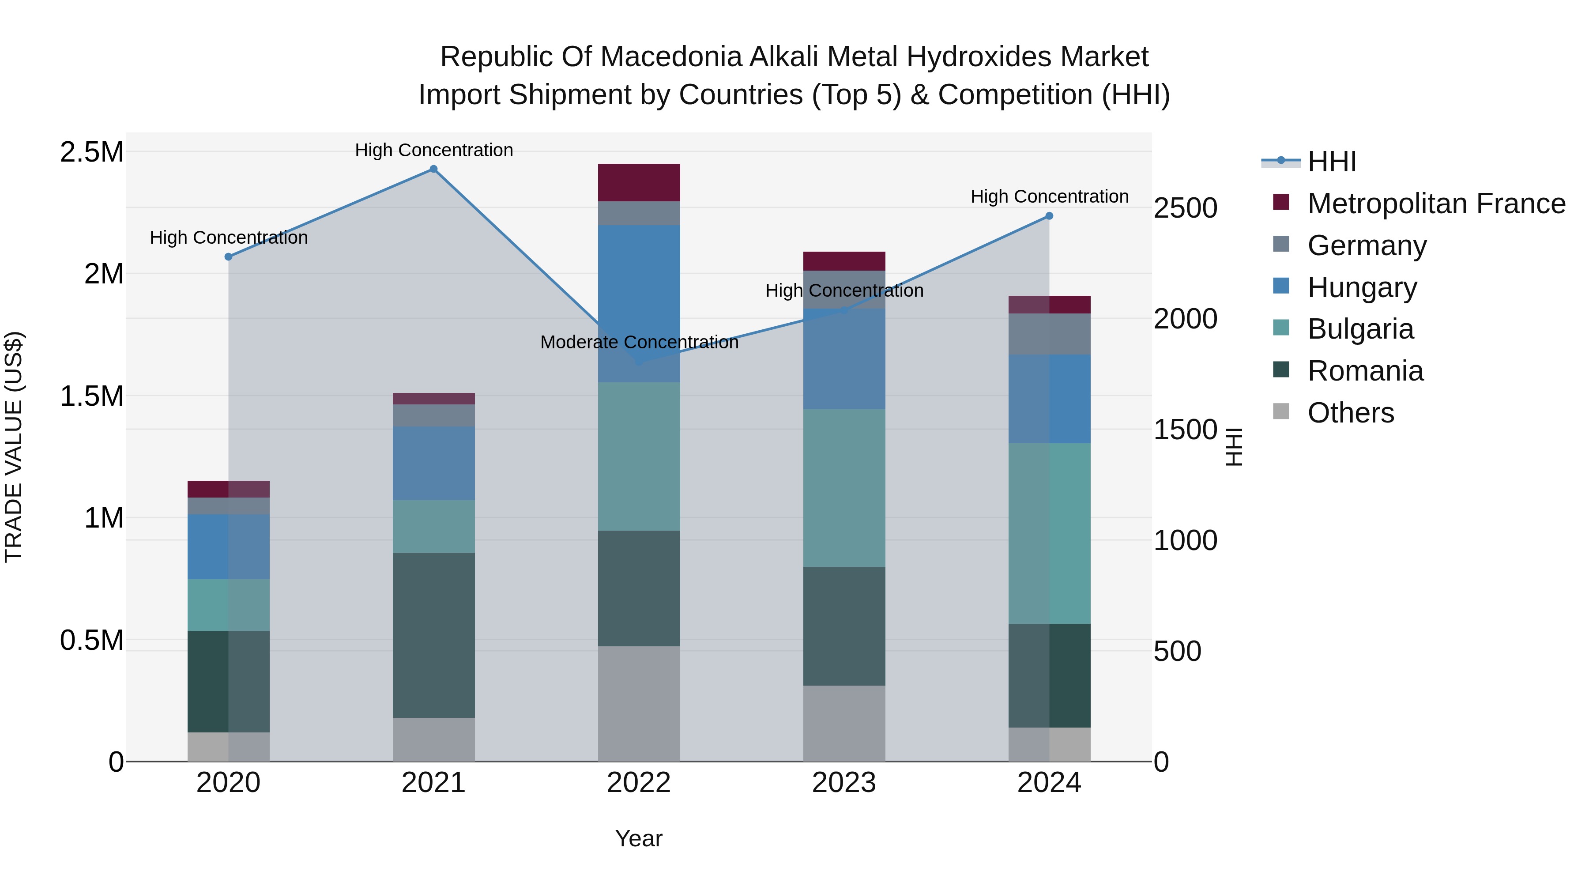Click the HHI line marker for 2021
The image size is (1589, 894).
point(433,169)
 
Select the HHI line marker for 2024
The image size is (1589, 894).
point(1049,216)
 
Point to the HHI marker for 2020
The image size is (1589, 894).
point(228,257)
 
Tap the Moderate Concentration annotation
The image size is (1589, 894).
point(639,343)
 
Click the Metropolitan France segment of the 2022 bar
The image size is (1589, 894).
point(639,183)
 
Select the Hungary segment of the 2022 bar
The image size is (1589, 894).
point(639,304)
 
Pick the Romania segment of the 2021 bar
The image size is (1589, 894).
point(433,635)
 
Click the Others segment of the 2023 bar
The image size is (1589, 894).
point(844,723)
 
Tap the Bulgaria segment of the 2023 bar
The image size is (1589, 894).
point(844,488)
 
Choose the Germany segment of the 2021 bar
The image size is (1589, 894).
point(433,415)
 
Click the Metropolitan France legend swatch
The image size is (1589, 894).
point(1281,202)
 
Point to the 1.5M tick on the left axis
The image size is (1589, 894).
point(91,396)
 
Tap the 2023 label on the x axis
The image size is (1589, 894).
point(844,783)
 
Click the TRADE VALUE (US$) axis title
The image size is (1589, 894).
point(14,447)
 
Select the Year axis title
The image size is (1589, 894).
point(638,838)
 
